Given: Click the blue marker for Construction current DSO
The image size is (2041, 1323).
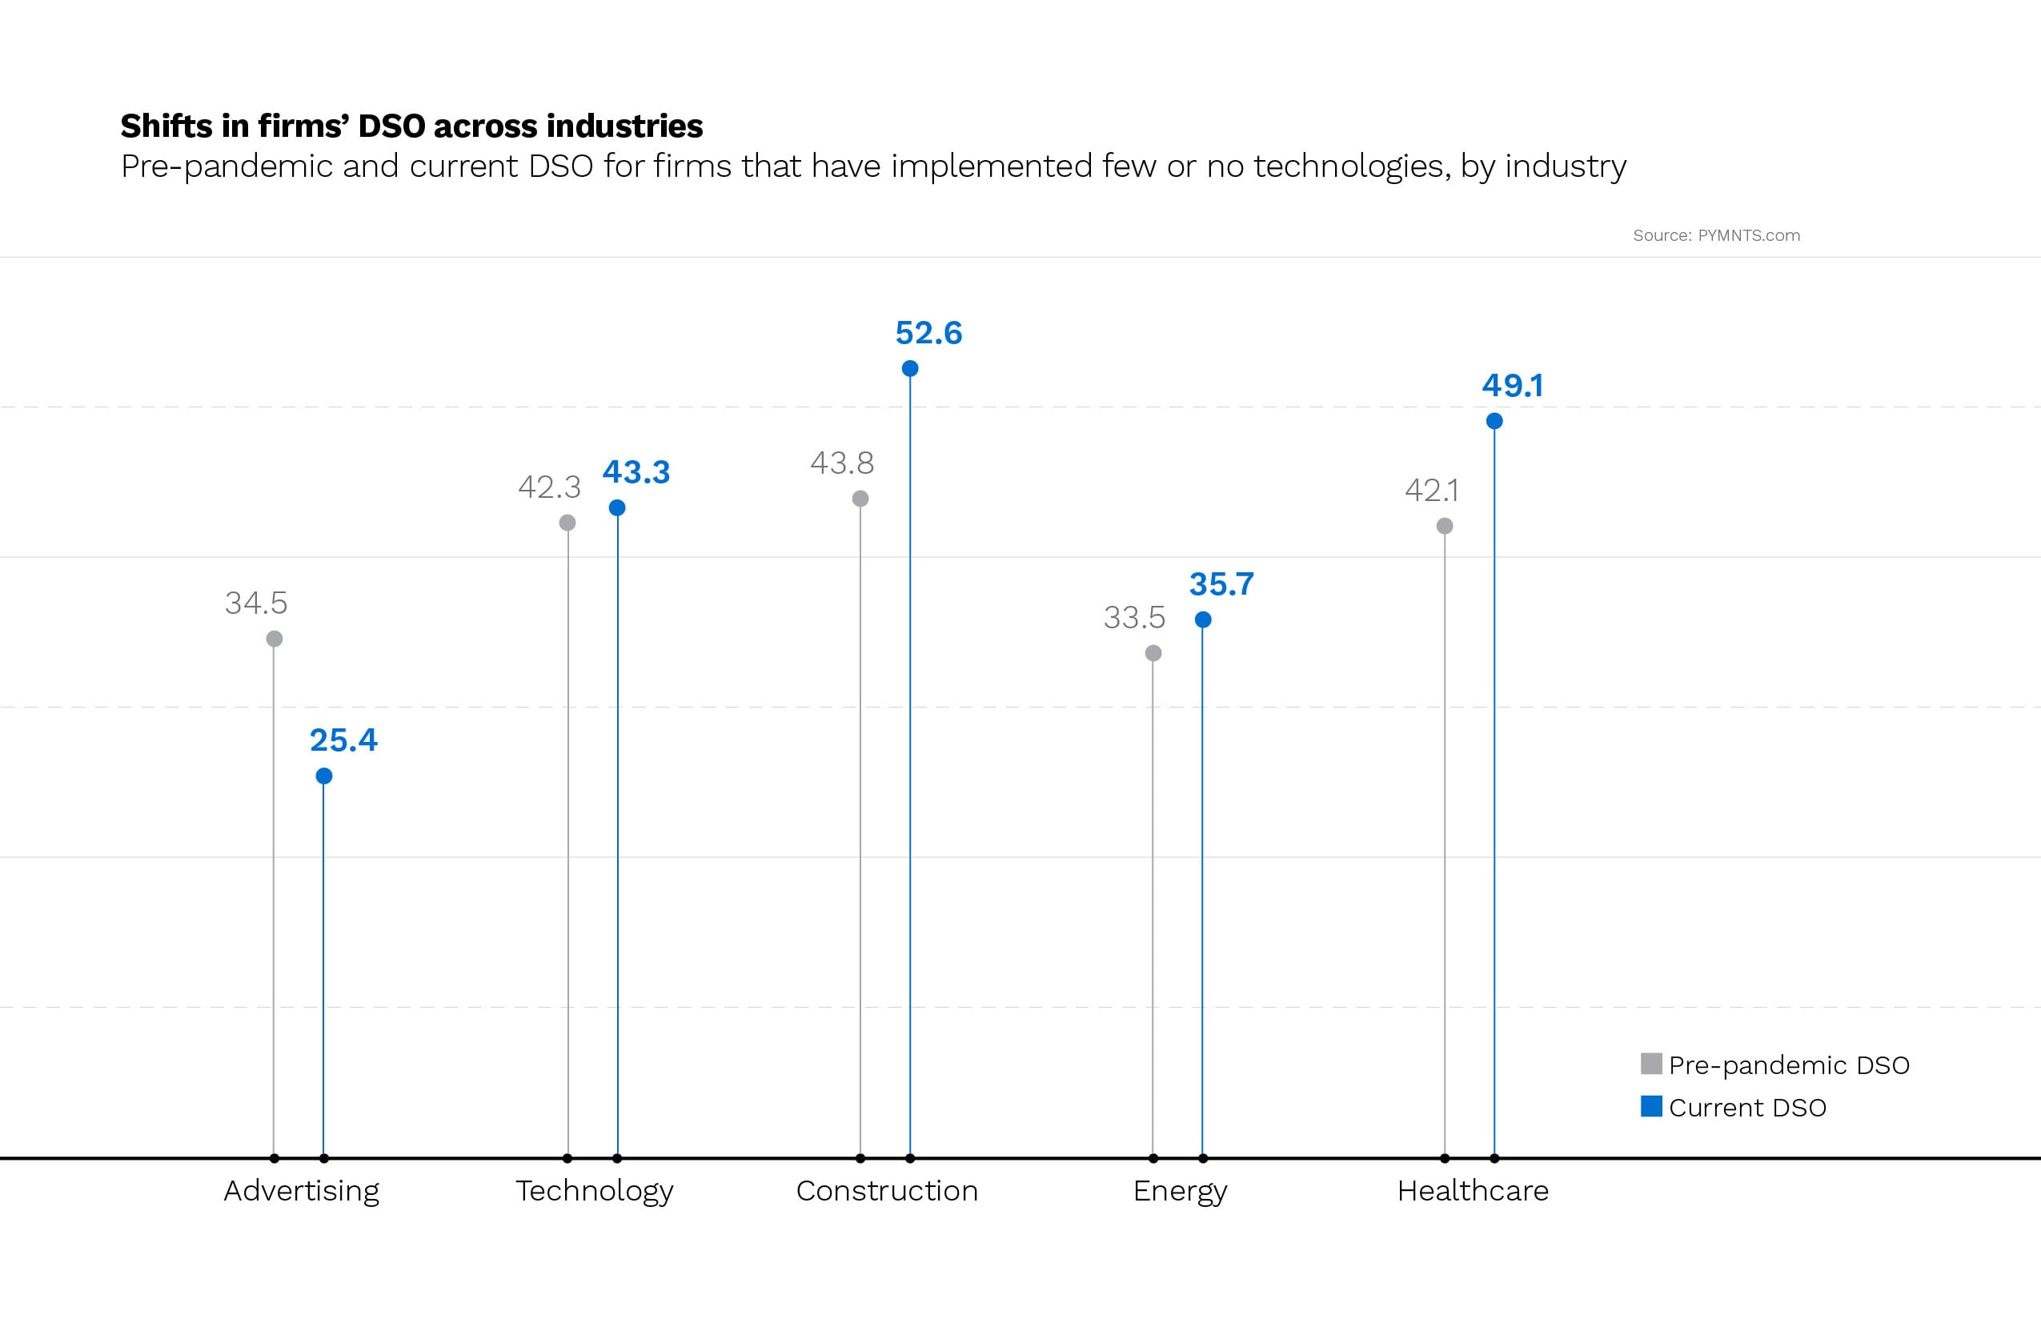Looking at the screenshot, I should [x=910, y=369].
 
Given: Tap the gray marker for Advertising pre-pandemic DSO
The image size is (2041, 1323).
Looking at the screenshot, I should [x=275, y=639].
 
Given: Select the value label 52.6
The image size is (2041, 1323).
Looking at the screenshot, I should [x=928, y=333].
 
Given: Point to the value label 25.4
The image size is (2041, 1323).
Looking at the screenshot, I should [x=343, y=740].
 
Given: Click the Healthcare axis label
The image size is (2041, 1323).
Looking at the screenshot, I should [x=1473, y=1191].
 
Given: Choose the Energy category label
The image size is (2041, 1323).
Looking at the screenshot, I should [x=1180, y=1191].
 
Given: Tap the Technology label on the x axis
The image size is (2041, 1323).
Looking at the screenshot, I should [x=594, y=1191].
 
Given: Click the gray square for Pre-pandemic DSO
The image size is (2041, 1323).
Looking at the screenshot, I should [x=1650, y=1064].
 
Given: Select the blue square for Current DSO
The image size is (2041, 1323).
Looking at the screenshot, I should [x=1650, y=1106].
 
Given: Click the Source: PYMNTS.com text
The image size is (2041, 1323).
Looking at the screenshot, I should [x=1716, y=236].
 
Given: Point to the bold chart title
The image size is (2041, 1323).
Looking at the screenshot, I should [x=411, y=126].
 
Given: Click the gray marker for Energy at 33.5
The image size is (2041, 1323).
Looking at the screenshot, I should [x=1153, y=653].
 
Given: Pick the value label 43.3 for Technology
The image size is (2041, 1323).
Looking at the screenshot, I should [x=636, y=472].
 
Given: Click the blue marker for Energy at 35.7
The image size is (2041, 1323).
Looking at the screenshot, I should [x=1203, y=620].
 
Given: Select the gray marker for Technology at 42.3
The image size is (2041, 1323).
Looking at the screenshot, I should [x=567, y=523].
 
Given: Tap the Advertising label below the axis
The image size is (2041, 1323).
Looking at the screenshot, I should [x=301, y=1191].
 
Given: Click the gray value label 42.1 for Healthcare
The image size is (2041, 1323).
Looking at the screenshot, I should [x=1431, y=491].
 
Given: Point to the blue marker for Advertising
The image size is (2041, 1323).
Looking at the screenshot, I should [x=324, y=776].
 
